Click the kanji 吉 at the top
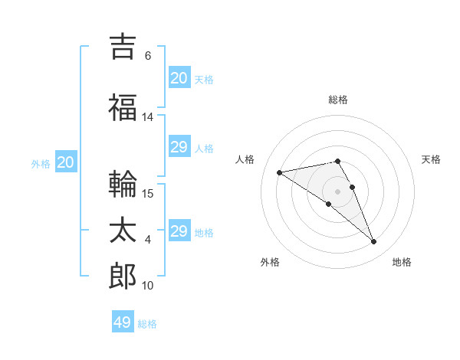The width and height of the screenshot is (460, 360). coord(123,47)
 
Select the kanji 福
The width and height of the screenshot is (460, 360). coord(123,107)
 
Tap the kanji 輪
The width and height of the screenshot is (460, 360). coord(123,184)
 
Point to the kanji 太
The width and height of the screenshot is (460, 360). coord(123,230)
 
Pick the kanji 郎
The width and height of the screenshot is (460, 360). coord(123,276)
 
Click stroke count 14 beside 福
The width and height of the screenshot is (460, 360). coord(147,117)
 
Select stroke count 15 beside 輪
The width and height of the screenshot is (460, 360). coord(147,194)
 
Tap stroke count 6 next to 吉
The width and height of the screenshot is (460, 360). coord(148,55)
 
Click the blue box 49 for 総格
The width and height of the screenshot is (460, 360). coord(123,321)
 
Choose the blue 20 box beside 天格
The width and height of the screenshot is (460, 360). coord(179,77)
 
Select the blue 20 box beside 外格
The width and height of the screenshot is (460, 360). coord(66,162)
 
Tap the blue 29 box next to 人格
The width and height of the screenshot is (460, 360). coord(179,146)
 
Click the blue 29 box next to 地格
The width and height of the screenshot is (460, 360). coord(179,230)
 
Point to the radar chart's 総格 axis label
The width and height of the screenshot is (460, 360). coord(338,100)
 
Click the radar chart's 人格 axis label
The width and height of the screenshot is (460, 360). coord(245,159)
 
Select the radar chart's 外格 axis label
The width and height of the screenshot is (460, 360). coord(270,262)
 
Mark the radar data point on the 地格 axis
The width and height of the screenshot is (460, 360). coord(374,241)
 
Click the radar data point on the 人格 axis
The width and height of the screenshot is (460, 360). coord(280,172)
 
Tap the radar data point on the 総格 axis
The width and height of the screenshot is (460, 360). coord(337,161)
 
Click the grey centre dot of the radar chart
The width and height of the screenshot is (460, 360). coord(337,191)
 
